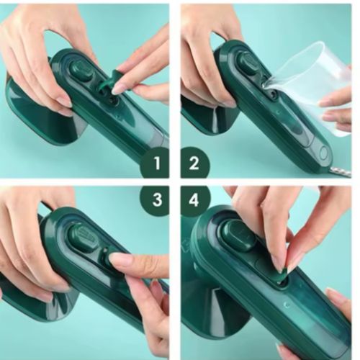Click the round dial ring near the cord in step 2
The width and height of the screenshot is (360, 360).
tap(323, 153)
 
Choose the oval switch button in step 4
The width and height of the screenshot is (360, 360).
tap(238, 235)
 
